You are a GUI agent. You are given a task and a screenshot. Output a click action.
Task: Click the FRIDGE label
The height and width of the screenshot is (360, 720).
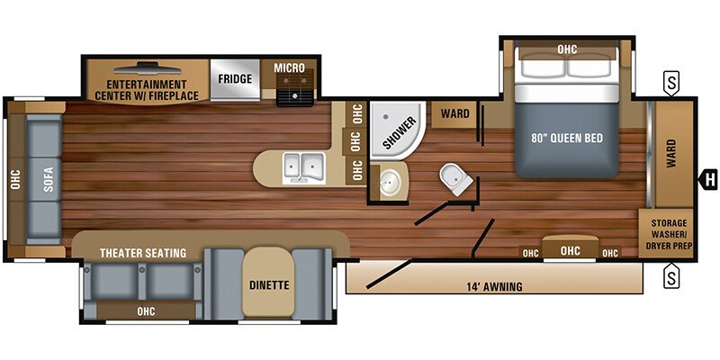coord(234,78)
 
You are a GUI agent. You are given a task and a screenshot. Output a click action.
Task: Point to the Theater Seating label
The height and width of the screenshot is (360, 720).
coord(143,253)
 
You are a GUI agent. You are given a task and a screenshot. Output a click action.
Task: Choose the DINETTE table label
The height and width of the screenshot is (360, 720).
coord(268,286)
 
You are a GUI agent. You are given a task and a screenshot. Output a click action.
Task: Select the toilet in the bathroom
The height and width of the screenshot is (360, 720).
coord(455,179)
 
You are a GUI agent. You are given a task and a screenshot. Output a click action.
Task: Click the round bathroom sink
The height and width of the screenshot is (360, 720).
coord(391,183)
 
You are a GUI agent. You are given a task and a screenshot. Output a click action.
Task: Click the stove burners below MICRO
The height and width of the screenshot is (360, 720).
coord(294,92)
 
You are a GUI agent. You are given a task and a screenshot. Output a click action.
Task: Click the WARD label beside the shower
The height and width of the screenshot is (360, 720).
coord(454,114)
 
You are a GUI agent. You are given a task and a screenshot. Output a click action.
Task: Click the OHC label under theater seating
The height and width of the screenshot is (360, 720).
coord(144,311)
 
